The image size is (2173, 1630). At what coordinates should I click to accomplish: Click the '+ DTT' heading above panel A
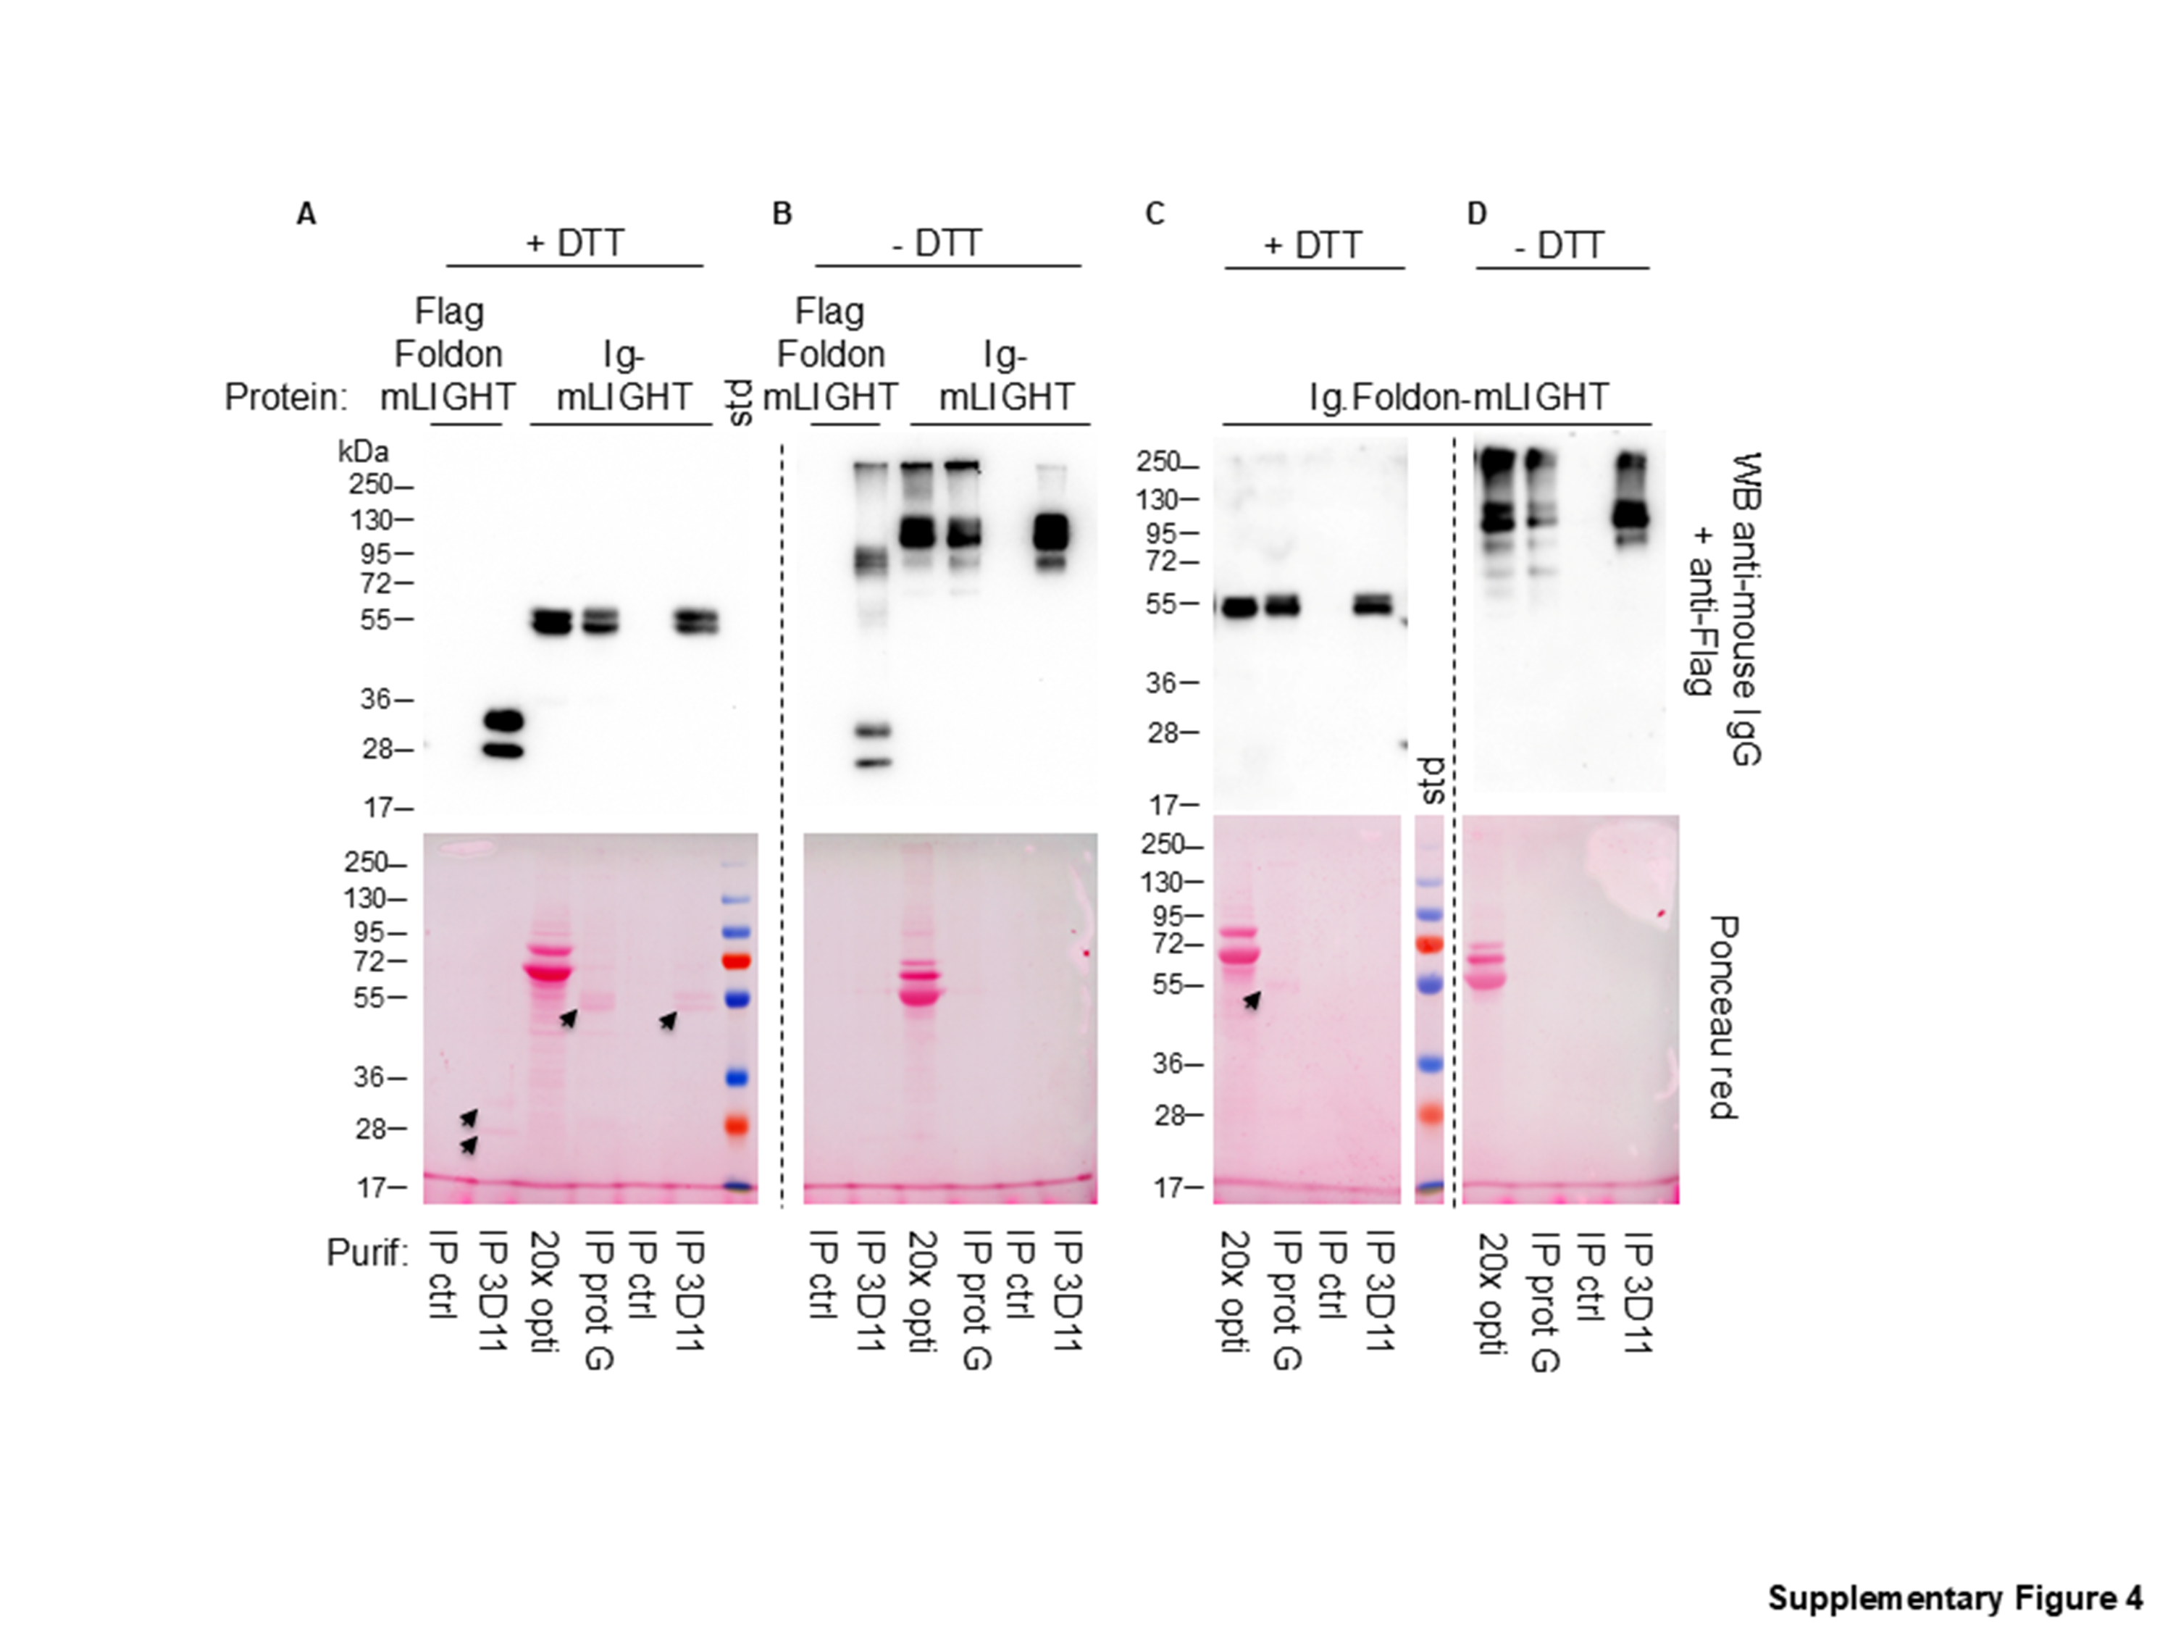[x=574, y=243]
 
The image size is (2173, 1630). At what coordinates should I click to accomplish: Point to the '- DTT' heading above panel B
[x=936, y=243]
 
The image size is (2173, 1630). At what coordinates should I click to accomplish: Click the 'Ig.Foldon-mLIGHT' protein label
[x=1460, y=397]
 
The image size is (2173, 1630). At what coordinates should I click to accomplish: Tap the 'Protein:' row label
[x=286, y=397]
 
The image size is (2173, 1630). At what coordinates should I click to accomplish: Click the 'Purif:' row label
[x=367, y=1253]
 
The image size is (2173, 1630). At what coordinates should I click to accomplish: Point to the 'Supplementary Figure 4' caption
[x=1955, y=1597]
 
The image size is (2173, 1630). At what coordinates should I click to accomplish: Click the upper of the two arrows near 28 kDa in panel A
[x=469, y=1118]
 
